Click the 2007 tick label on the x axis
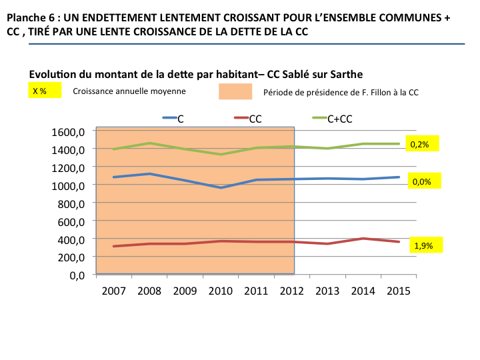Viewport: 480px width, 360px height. coord(113,291)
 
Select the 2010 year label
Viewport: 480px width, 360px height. coord(221,291)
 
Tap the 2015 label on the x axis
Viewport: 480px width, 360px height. coord(399,291)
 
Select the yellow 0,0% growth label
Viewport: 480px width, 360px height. coord(423,181)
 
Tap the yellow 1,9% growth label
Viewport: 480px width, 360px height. coord(424,245)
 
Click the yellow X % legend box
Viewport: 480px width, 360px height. coord(44,91)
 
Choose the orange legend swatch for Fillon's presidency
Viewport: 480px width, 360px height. coord(235,92)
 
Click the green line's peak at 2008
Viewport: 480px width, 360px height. coord(149,143)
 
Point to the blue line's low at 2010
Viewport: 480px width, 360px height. coord(221,188)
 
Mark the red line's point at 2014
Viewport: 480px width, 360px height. coord(363,239)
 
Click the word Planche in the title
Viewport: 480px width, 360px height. coord(25,19)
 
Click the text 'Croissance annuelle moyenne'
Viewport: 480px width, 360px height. coord(129,91)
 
